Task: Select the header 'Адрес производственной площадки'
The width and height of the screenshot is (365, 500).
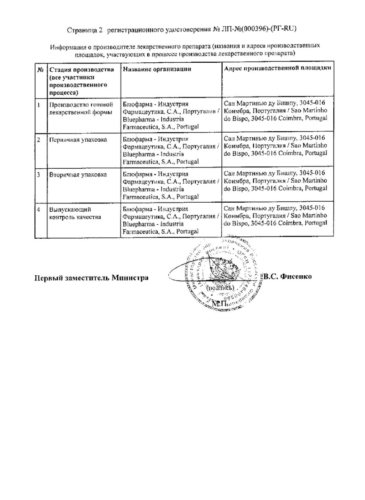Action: pyautogui.click(x=278, y=68)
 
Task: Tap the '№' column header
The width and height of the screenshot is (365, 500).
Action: pyautogui.click(x=40, y=70)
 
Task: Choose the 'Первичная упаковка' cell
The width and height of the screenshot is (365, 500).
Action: pyautogui.click(x=78, y=139)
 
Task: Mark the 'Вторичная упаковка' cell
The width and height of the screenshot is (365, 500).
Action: pyautogui.click(x=78, y=174)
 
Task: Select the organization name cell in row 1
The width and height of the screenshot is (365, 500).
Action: pyautogui.click(x=171, y=116)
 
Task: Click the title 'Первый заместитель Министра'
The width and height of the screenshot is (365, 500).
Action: pyautogui.click(x=92, y=278)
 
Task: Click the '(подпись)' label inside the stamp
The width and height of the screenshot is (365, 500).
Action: pyautogui.click(x=220, y=287)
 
